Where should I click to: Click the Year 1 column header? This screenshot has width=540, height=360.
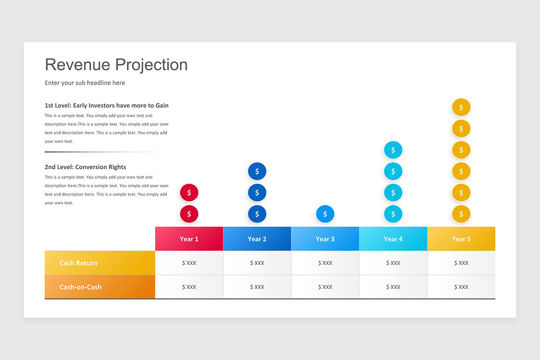tap(189, 238)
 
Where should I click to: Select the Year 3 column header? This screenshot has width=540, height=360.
tap(325, 238)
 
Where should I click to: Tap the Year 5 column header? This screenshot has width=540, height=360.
tap(461, 238)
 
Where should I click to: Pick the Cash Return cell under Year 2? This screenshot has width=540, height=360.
tap(257, 263)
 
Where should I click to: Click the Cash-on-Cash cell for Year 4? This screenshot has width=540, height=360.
tap(393, 287)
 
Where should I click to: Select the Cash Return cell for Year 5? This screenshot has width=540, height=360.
tap(461, 263)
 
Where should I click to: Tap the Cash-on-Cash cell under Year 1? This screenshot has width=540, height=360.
tap(189, 287)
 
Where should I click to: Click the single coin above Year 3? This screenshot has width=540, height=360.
tap(325, 214)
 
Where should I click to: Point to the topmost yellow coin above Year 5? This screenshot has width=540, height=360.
tap(461, 107)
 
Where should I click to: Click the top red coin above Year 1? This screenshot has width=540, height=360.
tap(189, 193)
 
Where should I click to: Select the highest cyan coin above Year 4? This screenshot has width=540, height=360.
tap(393, 150)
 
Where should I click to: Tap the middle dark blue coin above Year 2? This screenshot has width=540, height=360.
tap(257, 193)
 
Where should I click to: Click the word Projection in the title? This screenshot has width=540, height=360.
tap(151, 65)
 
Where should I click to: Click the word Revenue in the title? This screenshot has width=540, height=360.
tap(77, 65)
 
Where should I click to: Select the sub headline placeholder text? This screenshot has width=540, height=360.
tap(85, 83)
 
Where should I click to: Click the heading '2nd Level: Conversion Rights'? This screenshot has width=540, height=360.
tap(85, 167)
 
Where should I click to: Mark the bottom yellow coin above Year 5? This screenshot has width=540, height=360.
tap(461, 214)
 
